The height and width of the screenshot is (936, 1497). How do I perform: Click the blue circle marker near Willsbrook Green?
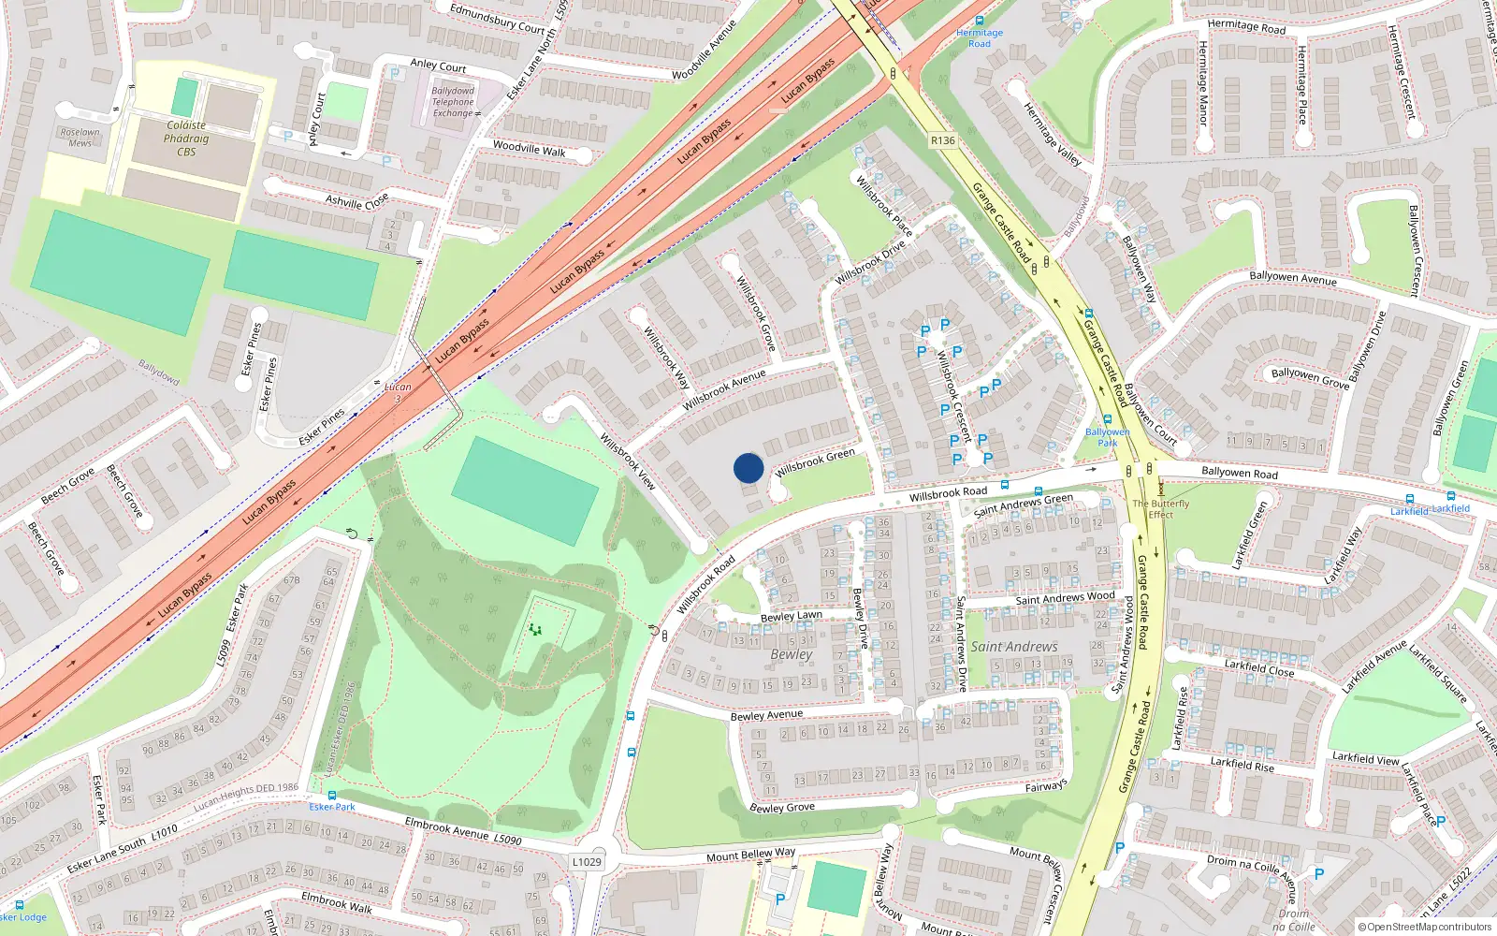[748, 468]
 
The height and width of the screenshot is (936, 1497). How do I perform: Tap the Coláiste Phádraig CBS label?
[186, 138]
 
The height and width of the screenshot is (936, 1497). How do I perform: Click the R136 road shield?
[942, 140]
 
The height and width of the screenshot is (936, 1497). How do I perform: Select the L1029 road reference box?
[587, 862]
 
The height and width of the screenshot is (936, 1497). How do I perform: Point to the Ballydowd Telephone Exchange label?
[454, 102]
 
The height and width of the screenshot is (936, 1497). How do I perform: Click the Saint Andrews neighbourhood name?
[1014, 647]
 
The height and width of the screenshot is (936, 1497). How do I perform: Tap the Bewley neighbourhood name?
[791, 654]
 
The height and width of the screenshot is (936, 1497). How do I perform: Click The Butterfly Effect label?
[1160, 508]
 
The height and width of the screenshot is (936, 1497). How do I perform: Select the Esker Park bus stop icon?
[331, 796]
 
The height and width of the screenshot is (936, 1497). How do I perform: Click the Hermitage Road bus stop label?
[979, 37]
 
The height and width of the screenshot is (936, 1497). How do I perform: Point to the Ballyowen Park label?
[1108, 437]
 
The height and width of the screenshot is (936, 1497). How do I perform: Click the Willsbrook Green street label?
[815, 461]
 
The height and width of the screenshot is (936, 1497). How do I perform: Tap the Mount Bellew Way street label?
[750, 855]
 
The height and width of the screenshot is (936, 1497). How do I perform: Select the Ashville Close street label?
[356, 201]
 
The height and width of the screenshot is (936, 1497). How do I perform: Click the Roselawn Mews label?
[80, 138]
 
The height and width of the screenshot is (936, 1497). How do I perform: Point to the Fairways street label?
[1045, 786]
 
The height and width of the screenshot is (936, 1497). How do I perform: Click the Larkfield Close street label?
[1259, 667]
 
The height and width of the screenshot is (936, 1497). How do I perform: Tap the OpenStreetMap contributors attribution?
[1424, 927]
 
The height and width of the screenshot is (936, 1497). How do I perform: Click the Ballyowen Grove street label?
[1310, 377]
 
